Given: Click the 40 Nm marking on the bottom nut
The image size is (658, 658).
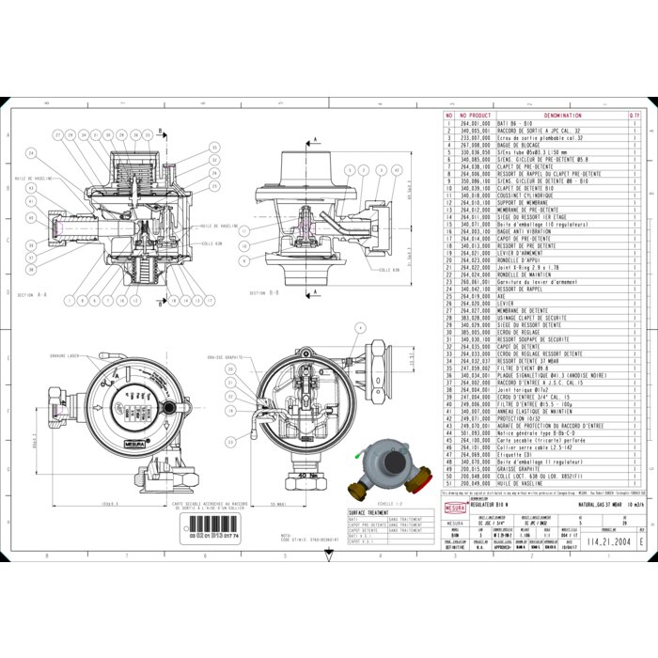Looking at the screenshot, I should pyautogui.click(x=302, y=476).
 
